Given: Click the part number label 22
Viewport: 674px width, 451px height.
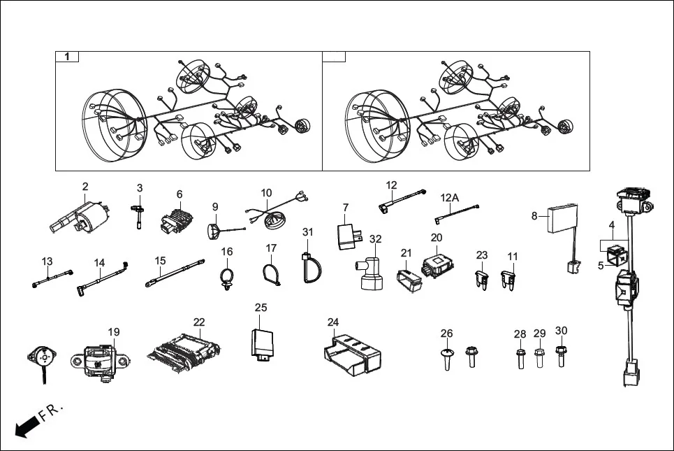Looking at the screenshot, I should (199, 322).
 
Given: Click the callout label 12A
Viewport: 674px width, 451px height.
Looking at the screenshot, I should (450, 198).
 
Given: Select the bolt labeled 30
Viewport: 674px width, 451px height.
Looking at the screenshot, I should (560, 353).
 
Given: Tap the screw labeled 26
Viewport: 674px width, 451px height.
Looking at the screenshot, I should (447, 357).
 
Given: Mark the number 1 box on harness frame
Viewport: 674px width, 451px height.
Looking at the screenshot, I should (67, 57).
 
